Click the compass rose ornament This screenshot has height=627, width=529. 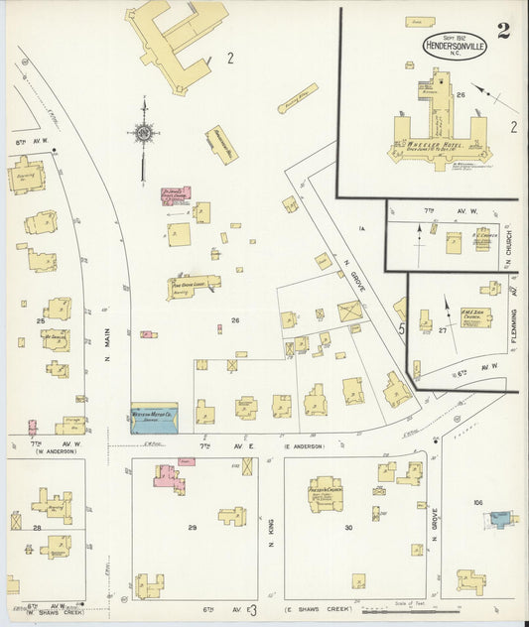pyautogui.click(x=145, y=132)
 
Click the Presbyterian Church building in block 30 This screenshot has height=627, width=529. pyautogui.click(x=325, y=492)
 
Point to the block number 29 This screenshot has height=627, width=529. pyautogui.click(x=193, y=527)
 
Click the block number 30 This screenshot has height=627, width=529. pyautogui.click(x=348, y=528)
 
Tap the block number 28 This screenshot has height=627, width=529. pyautogui.click(x=37, y=528)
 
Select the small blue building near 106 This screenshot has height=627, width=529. pyautogui.click(x=501, y=518)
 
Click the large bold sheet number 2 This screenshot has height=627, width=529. pyautogui.click(x=503, y=30)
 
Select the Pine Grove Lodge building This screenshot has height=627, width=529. pyautogui.click(x=195, y=285)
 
